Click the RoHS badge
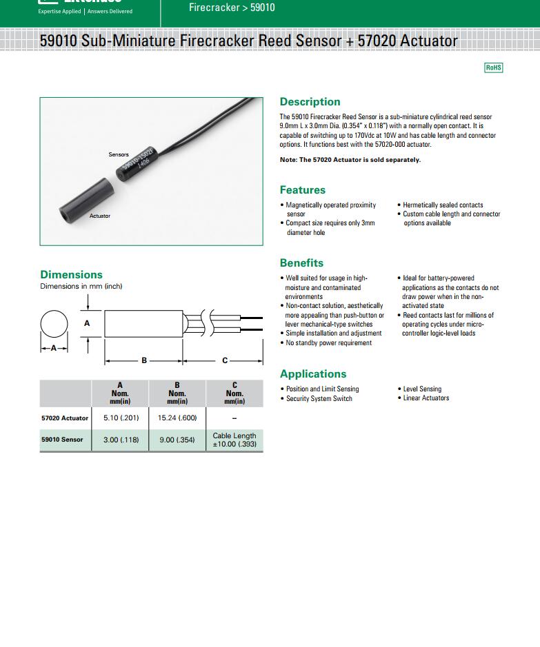pos(494,68)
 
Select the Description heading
pos(310,102)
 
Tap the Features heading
pos(302,190)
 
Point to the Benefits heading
pos(301,263)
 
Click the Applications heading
pos(313,374)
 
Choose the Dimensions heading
pos(71,275)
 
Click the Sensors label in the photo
pos(119,154)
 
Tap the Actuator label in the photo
pos(99,216)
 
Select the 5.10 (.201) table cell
pos(120,418)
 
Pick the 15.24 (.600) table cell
pos(177,418)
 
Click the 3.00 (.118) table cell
pos(120,440)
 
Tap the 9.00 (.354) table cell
pos(177,440)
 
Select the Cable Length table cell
pos(234,440)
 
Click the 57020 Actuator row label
pos(65,418)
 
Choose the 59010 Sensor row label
pos(62,440)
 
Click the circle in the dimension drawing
pos(54,323)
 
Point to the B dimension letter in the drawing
pos(144,360)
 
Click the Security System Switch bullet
pos(319,399)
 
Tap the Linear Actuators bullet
pos(426,398)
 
